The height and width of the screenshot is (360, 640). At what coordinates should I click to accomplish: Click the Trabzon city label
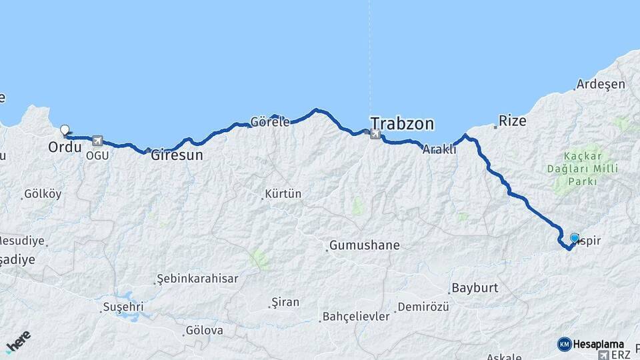402,123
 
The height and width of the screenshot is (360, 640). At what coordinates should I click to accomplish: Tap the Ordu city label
65,146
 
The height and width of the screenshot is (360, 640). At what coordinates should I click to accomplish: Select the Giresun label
177,155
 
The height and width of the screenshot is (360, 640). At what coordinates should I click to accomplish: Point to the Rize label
512,121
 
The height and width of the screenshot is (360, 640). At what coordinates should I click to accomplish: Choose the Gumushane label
365,245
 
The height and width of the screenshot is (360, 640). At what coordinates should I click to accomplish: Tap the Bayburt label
475,289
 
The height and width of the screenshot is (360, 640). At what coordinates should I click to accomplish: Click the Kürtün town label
283,194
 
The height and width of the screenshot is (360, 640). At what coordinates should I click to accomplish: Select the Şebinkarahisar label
197,279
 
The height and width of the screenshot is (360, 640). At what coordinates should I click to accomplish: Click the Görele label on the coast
270,122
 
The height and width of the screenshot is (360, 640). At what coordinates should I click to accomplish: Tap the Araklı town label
439,150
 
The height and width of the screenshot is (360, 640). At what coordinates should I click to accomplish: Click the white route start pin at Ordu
65,130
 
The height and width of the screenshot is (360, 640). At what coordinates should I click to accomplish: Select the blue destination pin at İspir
575,237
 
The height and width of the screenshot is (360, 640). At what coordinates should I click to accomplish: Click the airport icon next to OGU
99,141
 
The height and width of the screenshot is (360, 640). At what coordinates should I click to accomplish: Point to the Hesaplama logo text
592,344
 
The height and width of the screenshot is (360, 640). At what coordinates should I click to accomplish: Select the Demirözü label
423,307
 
